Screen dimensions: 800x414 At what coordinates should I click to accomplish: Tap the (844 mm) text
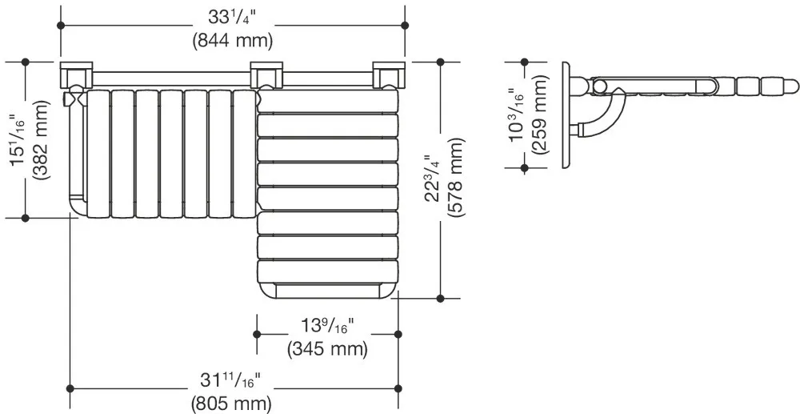[233, 40]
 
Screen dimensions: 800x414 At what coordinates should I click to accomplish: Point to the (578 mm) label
[456, 178]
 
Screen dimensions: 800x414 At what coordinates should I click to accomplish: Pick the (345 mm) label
[327, 349]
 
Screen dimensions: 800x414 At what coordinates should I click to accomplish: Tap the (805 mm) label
[231, 404]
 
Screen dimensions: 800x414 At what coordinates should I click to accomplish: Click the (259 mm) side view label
[539, 114]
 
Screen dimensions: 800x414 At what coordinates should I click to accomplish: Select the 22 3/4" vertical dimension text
[434, 178]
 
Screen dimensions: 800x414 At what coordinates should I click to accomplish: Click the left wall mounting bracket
[77, 74]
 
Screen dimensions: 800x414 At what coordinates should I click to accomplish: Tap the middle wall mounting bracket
[266, 74]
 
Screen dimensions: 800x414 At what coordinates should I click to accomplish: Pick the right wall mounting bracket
[389, 74]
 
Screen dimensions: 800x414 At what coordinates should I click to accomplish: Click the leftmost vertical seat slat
[98, 154]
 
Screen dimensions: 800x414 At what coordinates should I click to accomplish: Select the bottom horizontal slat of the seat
[327, 271]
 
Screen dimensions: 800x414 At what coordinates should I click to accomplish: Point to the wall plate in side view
[566, 115]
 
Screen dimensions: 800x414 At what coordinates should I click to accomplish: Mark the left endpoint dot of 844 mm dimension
[61, 25]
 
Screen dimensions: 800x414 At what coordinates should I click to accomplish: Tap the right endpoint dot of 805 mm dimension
[398, 389]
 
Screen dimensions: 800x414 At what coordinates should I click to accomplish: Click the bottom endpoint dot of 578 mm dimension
[441, 298]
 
